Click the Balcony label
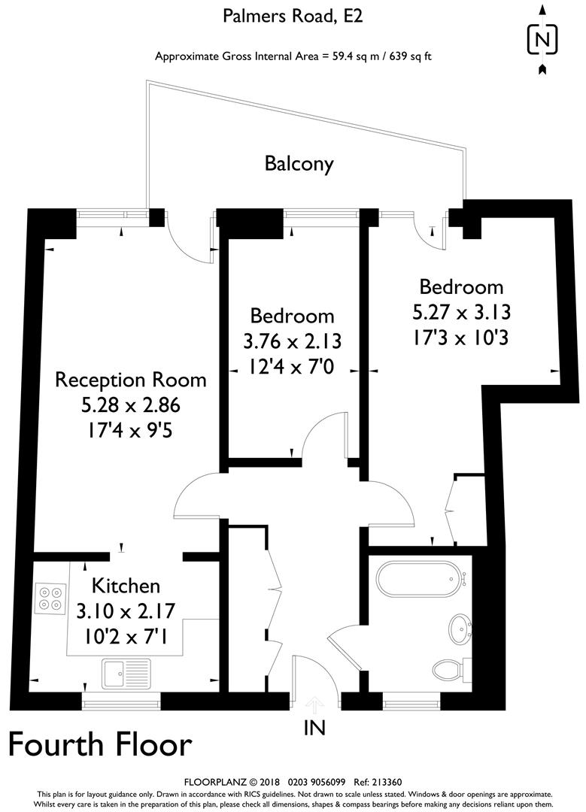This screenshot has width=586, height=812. coord(299,164)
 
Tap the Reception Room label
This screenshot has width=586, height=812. coord(131,379)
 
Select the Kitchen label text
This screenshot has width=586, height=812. coord(126,586)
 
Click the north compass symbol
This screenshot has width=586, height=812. coord(542,38)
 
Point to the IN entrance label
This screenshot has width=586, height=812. coord(314,728)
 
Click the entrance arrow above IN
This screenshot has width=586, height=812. coord(314,704)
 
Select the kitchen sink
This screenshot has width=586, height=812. coord(126,673)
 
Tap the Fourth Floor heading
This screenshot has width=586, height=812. coord(100,744)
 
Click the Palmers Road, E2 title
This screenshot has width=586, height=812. coord(293,16)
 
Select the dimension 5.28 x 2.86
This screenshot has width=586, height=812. coord(131,406)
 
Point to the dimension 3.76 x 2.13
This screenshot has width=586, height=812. coord(293,341)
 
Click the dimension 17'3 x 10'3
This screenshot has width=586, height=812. coord(461,338)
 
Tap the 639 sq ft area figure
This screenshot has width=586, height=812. coord(406,56)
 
